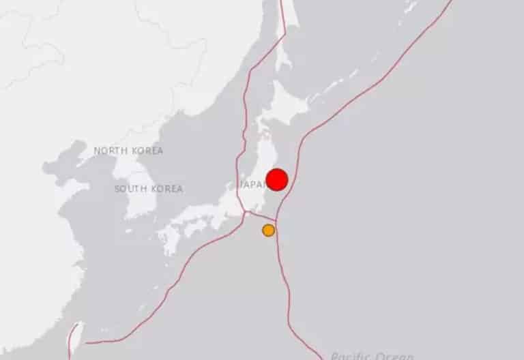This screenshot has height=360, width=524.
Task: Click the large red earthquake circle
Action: [x=276, y=180]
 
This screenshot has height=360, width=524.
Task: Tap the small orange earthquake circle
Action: [x=269, y=230]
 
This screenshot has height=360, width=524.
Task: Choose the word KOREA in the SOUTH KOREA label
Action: [x=166, y=189]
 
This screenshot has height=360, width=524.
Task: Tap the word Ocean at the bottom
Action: [x=396, y=355]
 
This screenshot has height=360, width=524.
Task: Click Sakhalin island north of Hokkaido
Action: [x=287, y=27]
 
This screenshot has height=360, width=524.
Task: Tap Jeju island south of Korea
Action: [x=130, y=230]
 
